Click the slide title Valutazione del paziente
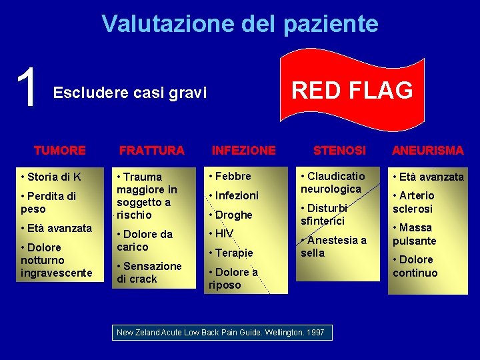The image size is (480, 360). click(240, 24)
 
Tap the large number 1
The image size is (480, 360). click(27, 89)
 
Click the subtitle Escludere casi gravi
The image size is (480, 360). click(130, 93)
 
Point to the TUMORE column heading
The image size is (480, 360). click(59, 151)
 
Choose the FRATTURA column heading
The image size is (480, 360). click(151, 151)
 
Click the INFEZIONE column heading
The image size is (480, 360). click(243, 151)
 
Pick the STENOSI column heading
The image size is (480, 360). click(339, 151)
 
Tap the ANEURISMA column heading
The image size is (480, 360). click(427, 151)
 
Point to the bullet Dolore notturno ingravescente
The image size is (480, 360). click(56, 260)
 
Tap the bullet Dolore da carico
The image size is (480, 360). click(145, 240)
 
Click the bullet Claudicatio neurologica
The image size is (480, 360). click(333, 183)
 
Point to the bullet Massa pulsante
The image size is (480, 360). click(415, 234)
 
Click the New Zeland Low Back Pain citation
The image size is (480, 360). click(220, 332)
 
